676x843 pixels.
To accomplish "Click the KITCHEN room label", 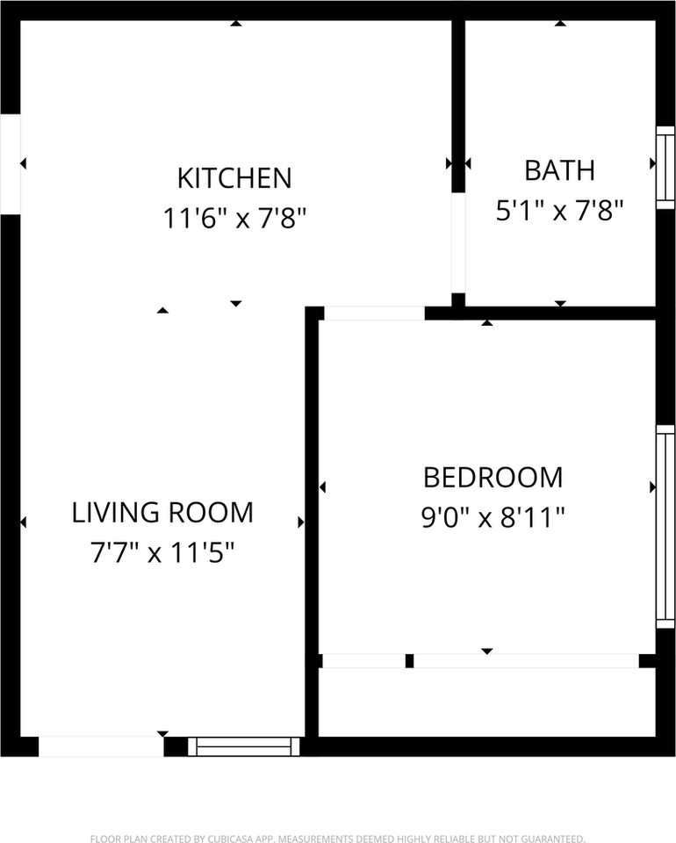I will tap(234, 178).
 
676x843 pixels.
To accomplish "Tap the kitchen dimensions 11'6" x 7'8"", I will tap(234, 218).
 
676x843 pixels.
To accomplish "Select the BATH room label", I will tap(559, 170).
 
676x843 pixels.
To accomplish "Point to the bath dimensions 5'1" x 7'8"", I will tap(559, 211).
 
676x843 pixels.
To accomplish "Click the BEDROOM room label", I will tap(493, 478).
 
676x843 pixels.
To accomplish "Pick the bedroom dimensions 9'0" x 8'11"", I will tap(493, 518).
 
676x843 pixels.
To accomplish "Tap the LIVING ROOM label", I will tap(162, 512).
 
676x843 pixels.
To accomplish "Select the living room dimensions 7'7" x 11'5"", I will tap(162, 552).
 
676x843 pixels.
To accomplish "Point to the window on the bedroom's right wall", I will tap(665, 527).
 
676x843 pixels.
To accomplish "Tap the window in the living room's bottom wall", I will tap(244, 746).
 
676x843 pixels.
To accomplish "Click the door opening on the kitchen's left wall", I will tap(10, 163).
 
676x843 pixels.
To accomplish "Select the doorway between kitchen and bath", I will tap(457, 242).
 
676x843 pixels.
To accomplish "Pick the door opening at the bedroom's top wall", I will tap(374, 313).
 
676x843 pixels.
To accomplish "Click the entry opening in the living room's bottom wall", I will tap(101, 746).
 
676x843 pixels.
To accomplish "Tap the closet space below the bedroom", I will tap(486, 702).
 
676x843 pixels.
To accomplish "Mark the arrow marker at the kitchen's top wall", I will tap(235, 23).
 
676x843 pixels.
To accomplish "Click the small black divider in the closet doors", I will tap(409, 661).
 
